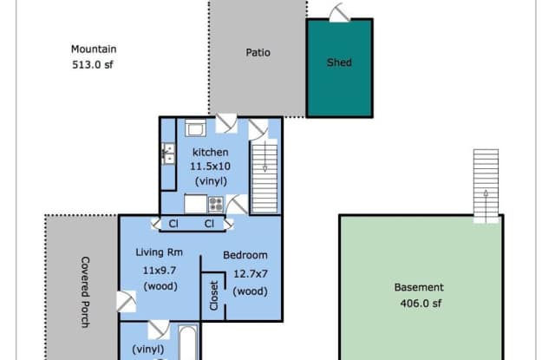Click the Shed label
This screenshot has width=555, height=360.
point(339,62)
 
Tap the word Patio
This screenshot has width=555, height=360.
point(258,53)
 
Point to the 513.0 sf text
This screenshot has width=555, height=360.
point(93,65)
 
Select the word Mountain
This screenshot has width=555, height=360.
point(94,49)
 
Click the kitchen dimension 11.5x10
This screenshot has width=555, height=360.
point(210,167)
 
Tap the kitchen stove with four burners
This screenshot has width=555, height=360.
point(216,204)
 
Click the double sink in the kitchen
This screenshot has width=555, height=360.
point(168,154)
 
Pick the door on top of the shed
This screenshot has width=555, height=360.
point(340,13)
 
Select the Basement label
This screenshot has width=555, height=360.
point(419,287)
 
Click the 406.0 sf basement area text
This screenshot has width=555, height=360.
point(421,304)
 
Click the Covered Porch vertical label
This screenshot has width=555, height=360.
point(85,292)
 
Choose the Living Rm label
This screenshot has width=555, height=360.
point(160,252)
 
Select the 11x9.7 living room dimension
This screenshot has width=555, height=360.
point(160,271)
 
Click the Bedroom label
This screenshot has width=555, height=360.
point(245,255)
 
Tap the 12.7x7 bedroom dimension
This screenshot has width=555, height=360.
point(251,273)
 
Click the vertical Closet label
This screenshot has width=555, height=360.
point(214,296)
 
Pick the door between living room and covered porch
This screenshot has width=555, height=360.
point(127,302)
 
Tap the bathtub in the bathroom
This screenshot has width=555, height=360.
point(187,343)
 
